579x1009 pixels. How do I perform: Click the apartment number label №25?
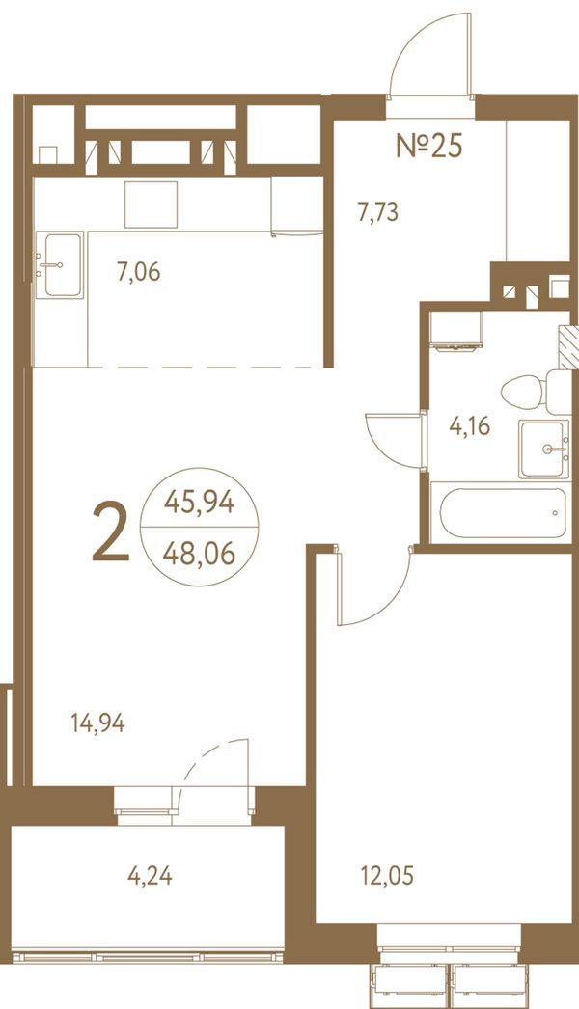click(428, 146)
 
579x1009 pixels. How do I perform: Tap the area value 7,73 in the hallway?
click(378, 211)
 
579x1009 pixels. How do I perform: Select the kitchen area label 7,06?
click(138, 272)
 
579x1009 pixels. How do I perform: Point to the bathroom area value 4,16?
click(470, 426)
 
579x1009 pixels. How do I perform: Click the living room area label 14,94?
click(97, 723)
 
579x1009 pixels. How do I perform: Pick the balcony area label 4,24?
click(150, 876)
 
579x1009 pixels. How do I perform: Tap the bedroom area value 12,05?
click(386, 876)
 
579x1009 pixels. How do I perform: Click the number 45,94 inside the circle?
click(199, 502)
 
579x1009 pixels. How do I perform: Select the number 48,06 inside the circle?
click(199, 553)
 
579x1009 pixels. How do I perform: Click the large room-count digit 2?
click(111, 532)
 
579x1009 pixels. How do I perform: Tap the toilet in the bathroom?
click(536, 392)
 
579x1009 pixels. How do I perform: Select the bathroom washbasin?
click(544, 450)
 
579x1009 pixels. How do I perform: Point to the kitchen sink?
click(59, 264)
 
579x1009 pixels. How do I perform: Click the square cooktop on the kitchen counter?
click(151, 205)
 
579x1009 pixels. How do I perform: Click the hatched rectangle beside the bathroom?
click(568, 347)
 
